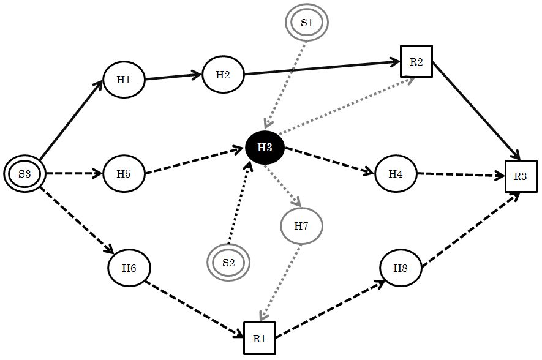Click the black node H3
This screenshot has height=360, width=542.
point(265,148)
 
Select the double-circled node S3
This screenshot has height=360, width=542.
point(24,174)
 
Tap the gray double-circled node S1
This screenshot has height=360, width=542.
point(307,23)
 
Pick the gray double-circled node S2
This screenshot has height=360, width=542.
point(228,263)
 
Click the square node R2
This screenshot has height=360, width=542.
point(416,61)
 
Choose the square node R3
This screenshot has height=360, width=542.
point(521,176)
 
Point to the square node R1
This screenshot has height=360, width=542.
point(260,338)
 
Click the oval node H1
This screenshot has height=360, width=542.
point(124,80)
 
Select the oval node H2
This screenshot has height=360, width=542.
point(223,75)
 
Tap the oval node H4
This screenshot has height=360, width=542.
point(396,174)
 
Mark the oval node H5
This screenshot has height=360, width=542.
point(124,174)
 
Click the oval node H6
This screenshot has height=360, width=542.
point(129,268)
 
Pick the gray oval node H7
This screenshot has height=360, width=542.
point(301,226)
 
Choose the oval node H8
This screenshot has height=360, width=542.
point(401,269)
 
